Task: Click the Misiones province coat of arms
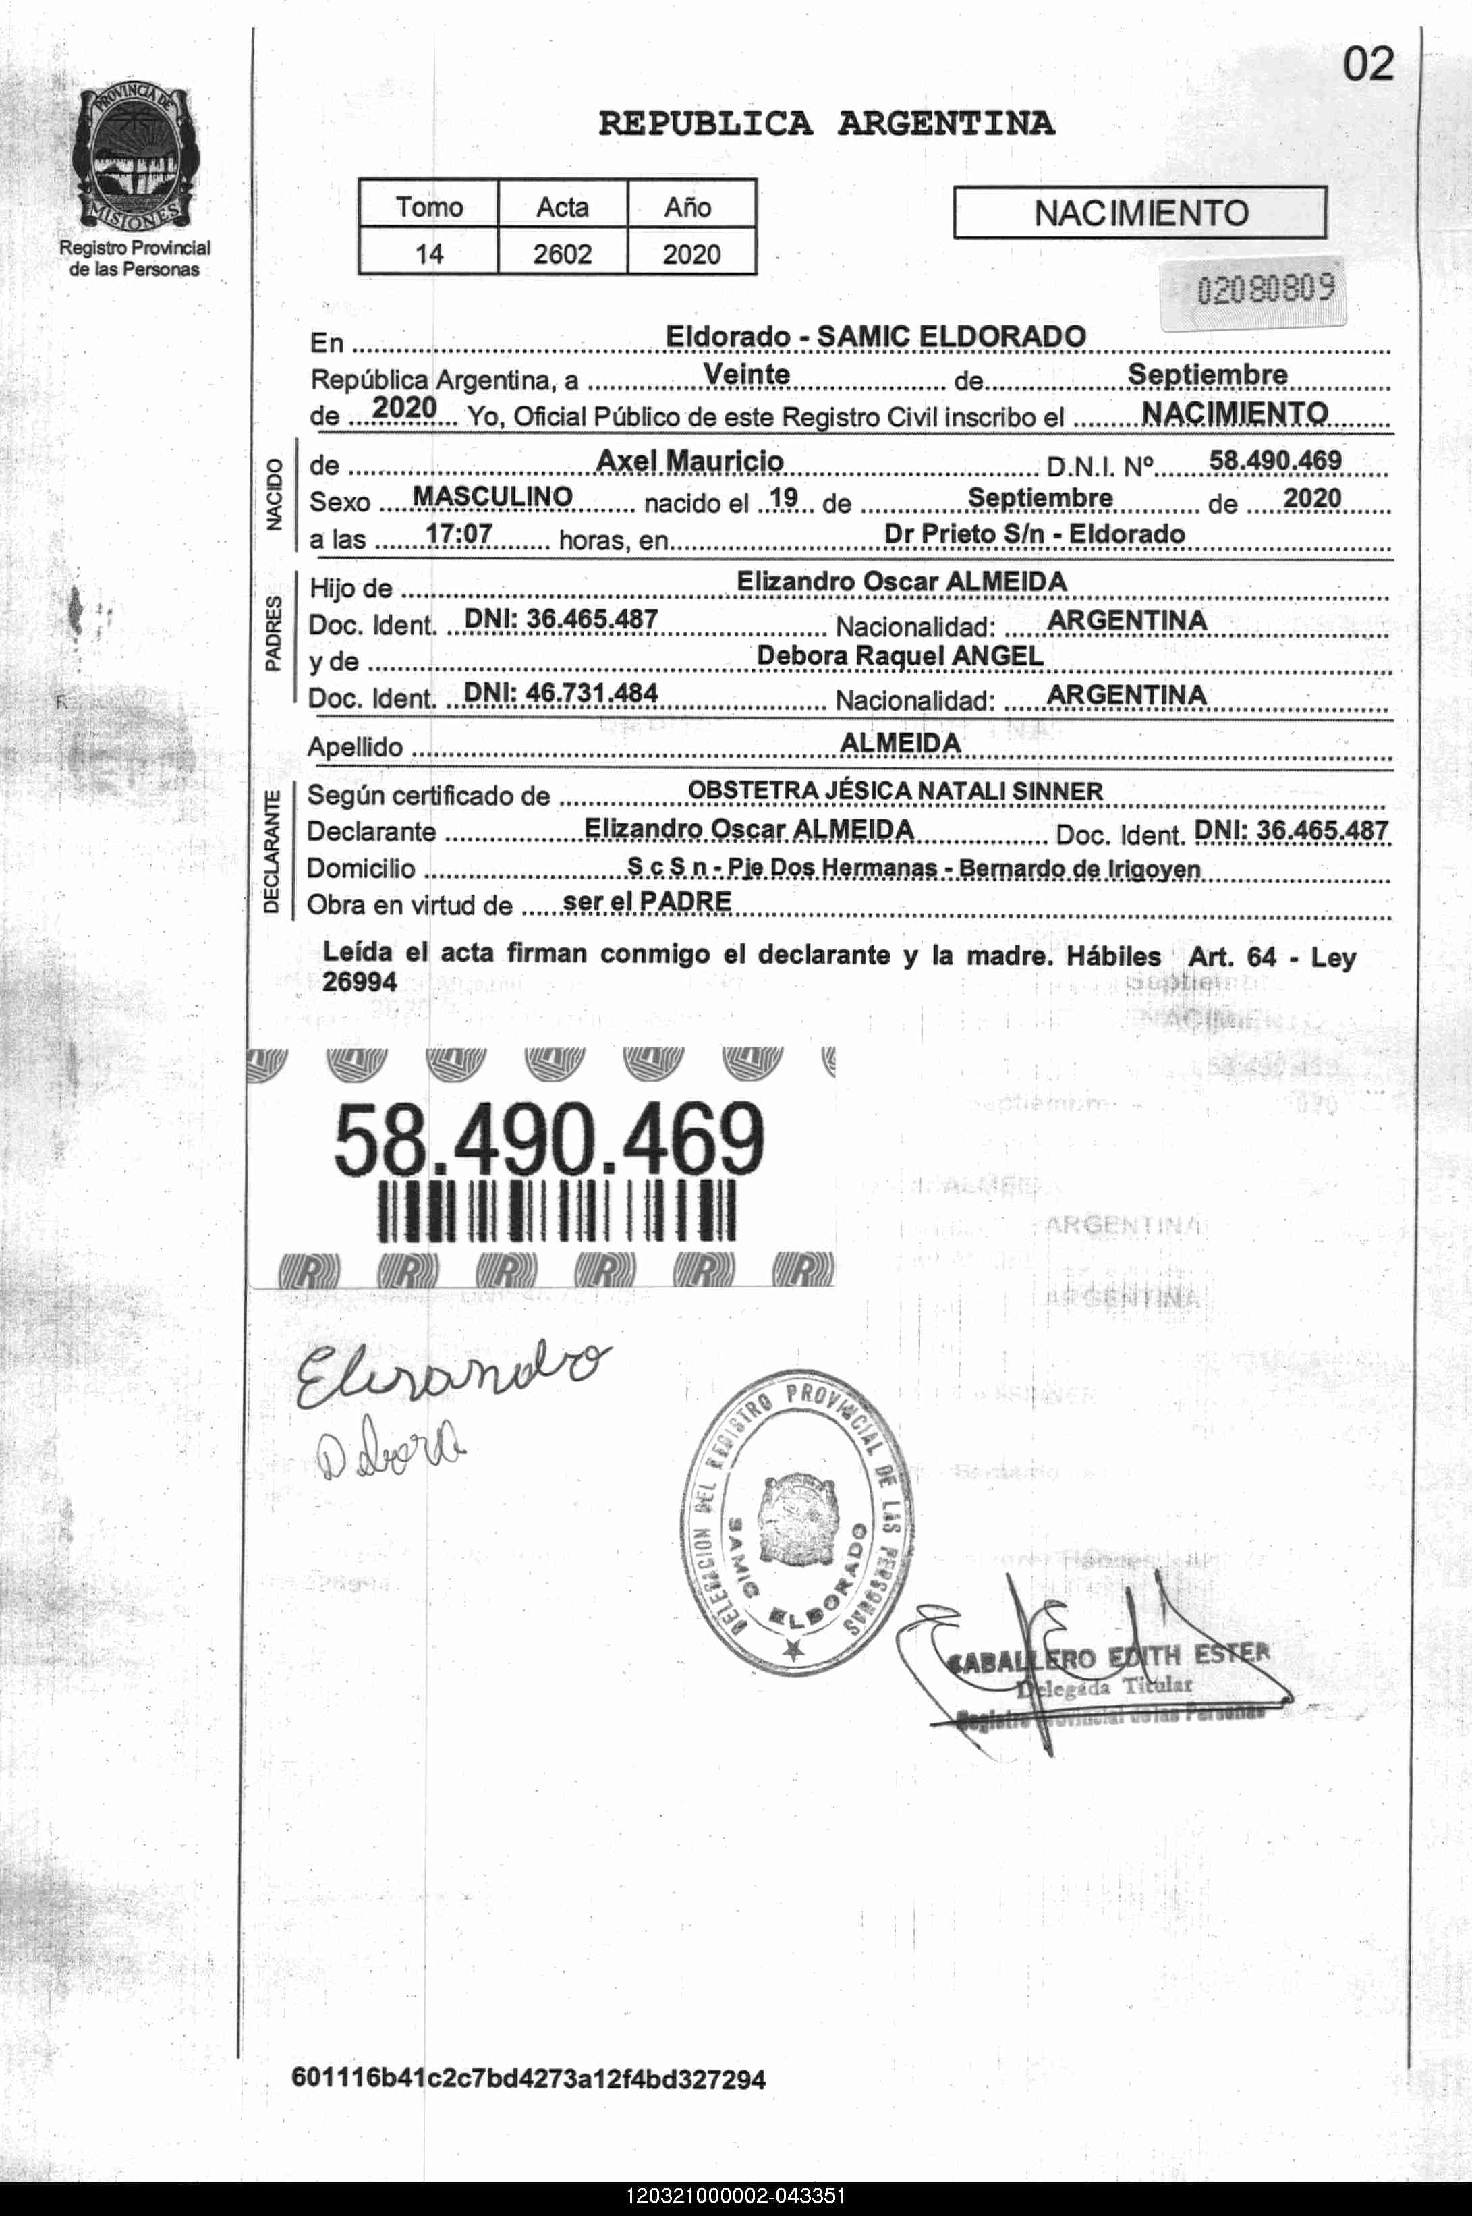tap(134, 156)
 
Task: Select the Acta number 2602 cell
tap(561, 254)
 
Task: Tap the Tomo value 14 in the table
tap(428, 254)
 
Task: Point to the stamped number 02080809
tap(1264, 288)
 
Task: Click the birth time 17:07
tap(458, 533)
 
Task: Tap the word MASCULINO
tap(493, 496)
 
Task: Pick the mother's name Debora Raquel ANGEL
tap(899, 655)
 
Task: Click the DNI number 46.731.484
tap(561, 693)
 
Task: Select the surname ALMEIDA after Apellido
tap(899, 743)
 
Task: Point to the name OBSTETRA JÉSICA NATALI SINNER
tap(895, 791)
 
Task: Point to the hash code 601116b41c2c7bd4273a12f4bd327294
tap(528, 2077)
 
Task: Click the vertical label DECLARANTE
tap(271, 851)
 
